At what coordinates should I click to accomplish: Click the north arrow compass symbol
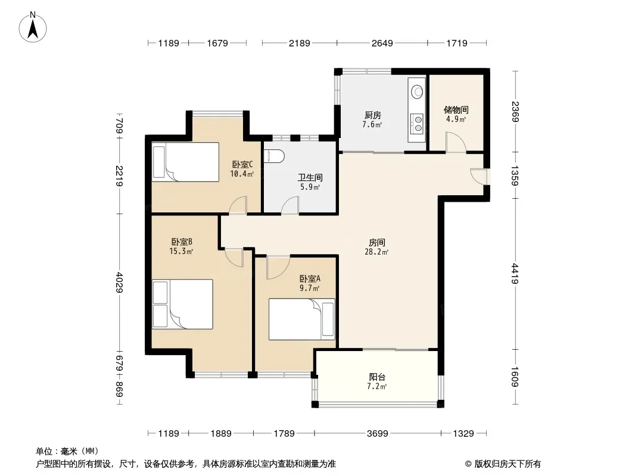(x=33, y=27)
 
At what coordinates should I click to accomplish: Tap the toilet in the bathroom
(x=274, y=156)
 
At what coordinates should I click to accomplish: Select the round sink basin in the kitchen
(x=417, y=92)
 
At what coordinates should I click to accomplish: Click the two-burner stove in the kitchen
(x=417, y=123)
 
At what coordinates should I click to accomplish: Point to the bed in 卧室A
(x=301, y=319)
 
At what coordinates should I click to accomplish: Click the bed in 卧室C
(x=185, y=162)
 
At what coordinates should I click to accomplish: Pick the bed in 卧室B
(x=183, y=304)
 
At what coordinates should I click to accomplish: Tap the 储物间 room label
(x=456, y=109)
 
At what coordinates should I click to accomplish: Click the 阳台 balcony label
(x=377, y=377)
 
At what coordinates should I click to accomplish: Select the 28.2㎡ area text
(x=376, y=252)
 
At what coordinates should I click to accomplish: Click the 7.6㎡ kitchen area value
(x=372, y=124)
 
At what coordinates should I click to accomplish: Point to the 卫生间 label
(x=310, y=177)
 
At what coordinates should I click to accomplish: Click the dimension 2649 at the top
(x=382, y=43)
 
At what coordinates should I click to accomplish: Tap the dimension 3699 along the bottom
(x=378, y=434)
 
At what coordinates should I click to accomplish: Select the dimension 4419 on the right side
(x=515, y=273)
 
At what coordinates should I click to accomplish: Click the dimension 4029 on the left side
(x=120, y=282)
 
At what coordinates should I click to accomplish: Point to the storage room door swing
(x=456, y=142)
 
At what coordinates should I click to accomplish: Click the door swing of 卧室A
(x=278, y=267)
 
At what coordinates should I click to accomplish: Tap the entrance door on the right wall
(x=479, y=177)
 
